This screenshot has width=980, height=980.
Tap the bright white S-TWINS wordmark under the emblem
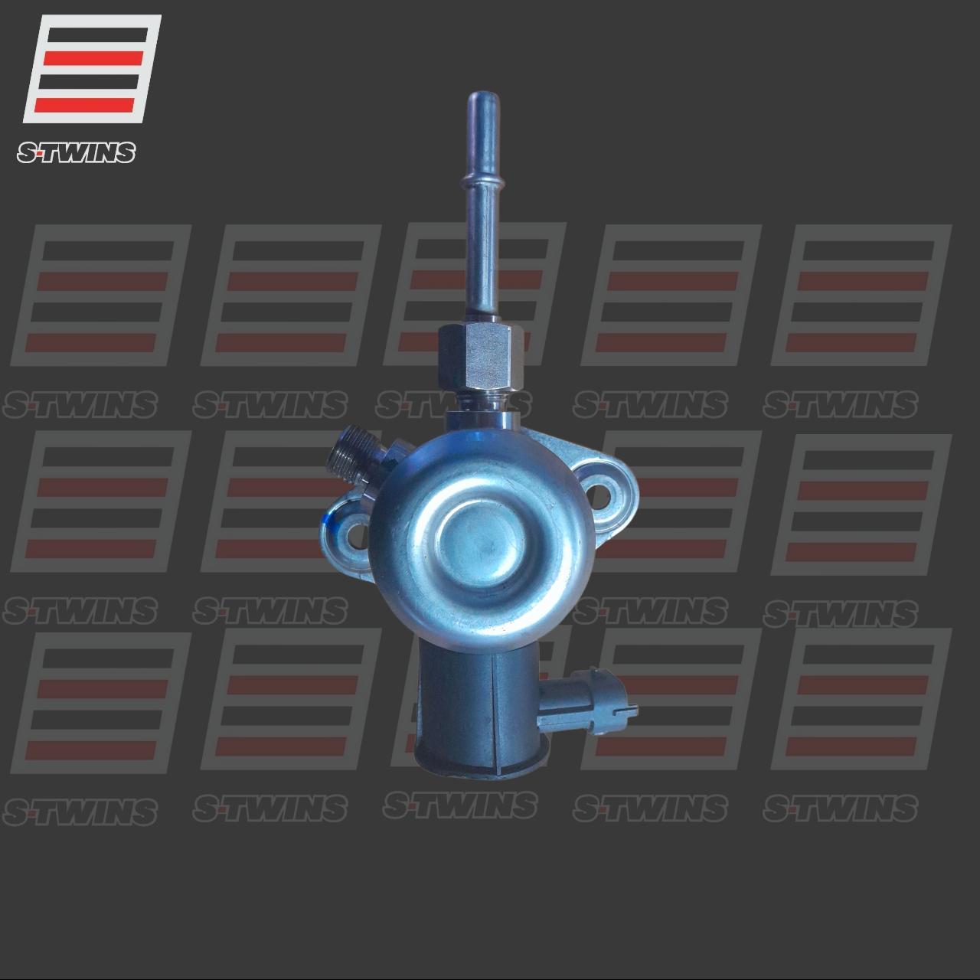tap(76, 153)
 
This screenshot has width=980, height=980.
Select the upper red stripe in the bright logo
tap(93, 57)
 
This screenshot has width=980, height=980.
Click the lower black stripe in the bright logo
tap(90, 81)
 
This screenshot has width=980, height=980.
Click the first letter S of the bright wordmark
tap(26, 154)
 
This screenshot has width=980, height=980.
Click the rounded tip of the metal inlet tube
tap(479, 100)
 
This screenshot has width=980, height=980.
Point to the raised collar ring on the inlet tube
tap(479, 185)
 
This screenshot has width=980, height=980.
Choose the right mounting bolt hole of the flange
tap(602, 490)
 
